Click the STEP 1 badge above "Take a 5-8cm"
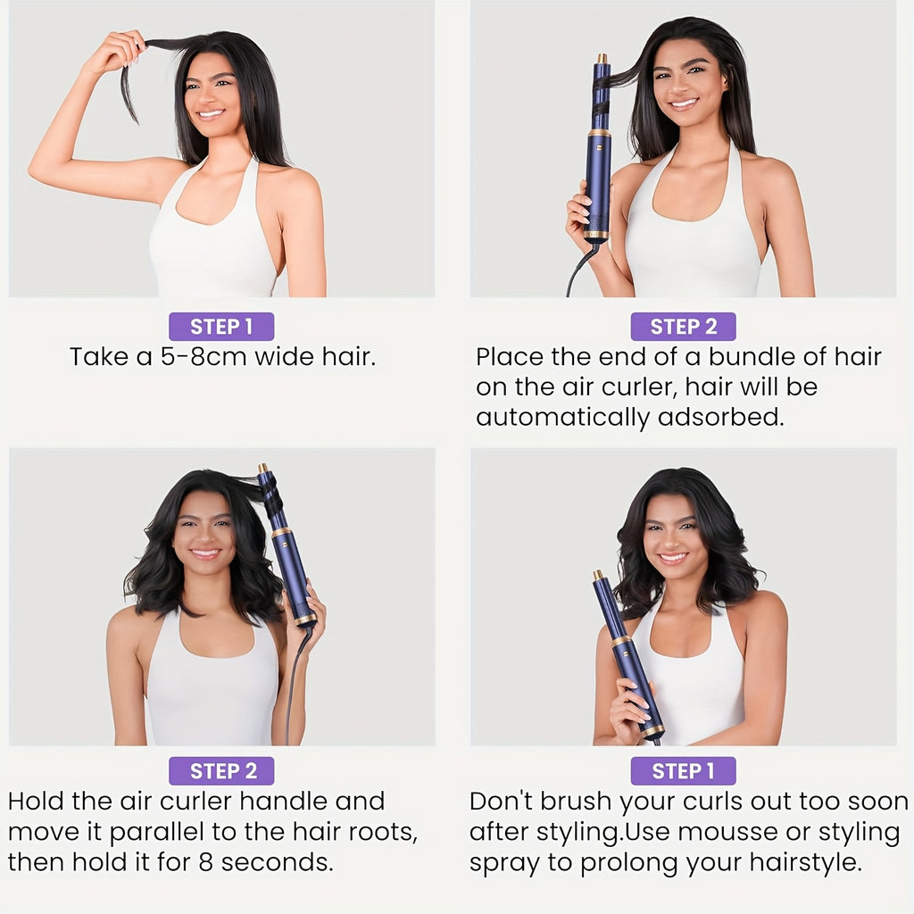[x=220, y=327]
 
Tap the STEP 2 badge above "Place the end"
[x=683, y=327]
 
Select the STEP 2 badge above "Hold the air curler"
[x=220, y=770]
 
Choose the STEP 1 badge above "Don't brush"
[x=683, y=770]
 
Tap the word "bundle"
[x=747, y=357]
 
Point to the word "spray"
[x=507, y=863]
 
